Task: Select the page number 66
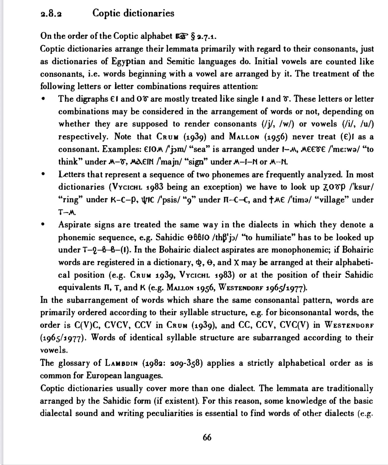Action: click(207, 438)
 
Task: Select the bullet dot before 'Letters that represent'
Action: click(44, 174)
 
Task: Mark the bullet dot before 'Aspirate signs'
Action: click(44, 224)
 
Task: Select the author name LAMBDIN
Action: click(121, 363)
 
